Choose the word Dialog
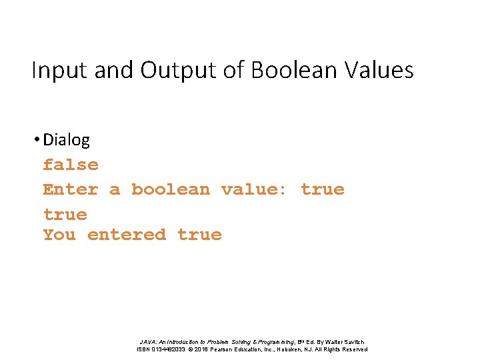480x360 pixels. coord(66,140)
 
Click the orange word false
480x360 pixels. coord(71,165)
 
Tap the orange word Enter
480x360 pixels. coord(71,189)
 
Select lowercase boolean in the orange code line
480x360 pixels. coord(170,189)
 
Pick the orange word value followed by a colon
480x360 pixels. coord(254,189)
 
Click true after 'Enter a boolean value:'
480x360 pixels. coord(323,189)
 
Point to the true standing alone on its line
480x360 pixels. coord(65,215)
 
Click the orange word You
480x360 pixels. coord(59,235)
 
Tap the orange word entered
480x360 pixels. coord(127,235)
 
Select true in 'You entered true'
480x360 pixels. coord(200,235)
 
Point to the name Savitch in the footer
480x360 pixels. coord(351,342)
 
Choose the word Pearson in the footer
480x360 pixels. coord(233,349)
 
